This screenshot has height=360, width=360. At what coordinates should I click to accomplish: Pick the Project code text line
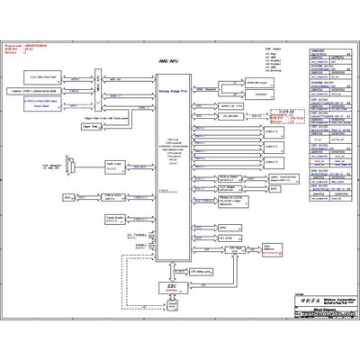(28, 43)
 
